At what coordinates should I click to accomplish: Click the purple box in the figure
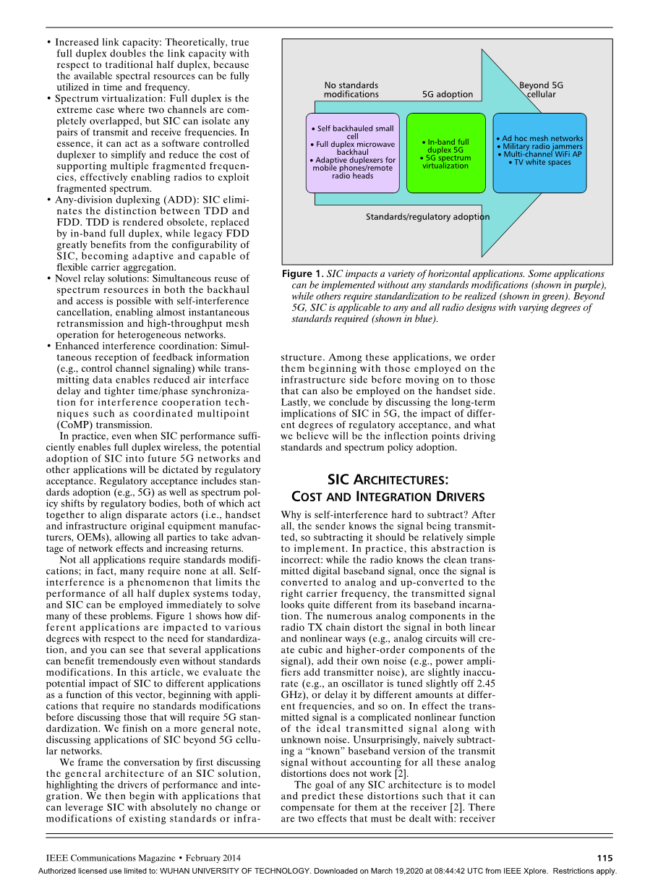(x=352, y=153)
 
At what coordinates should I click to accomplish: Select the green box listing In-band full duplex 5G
(x=445, y=153)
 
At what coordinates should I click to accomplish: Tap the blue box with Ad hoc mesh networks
(x=539, y=153)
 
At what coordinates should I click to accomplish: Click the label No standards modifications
(x=351, y=90)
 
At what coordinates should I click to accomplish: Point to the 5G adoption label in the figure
(x=448, y=94)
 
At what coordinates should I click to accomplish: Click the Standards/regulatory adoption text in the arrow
(x=427, y=217)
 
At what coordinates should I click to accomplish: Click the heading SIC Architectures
(x=388, y=480)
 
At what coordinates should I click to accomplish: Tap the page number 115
(x=604, y=858)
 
